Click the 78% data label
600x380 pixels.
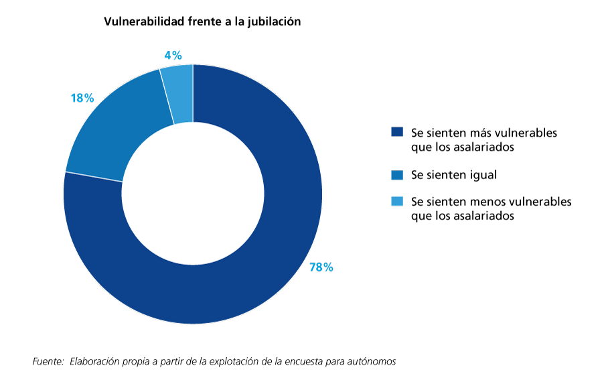[321, 267]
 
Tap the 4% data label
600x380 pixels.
[172, 56]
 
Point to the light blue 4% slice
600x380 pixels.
[181, 93]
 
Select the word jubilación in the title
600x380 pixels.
[274, 21]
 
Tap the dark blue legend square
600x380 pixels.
[397, 133]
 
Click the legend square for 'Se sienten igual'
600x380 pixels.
[397, 175]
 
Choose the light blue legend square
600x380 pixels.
[397, 201]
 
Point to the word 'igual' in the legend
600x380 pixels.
[482, 175]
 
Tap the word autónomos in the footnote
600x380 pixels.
[373, 361]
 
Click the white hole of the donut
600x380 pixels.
[193, 194]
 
